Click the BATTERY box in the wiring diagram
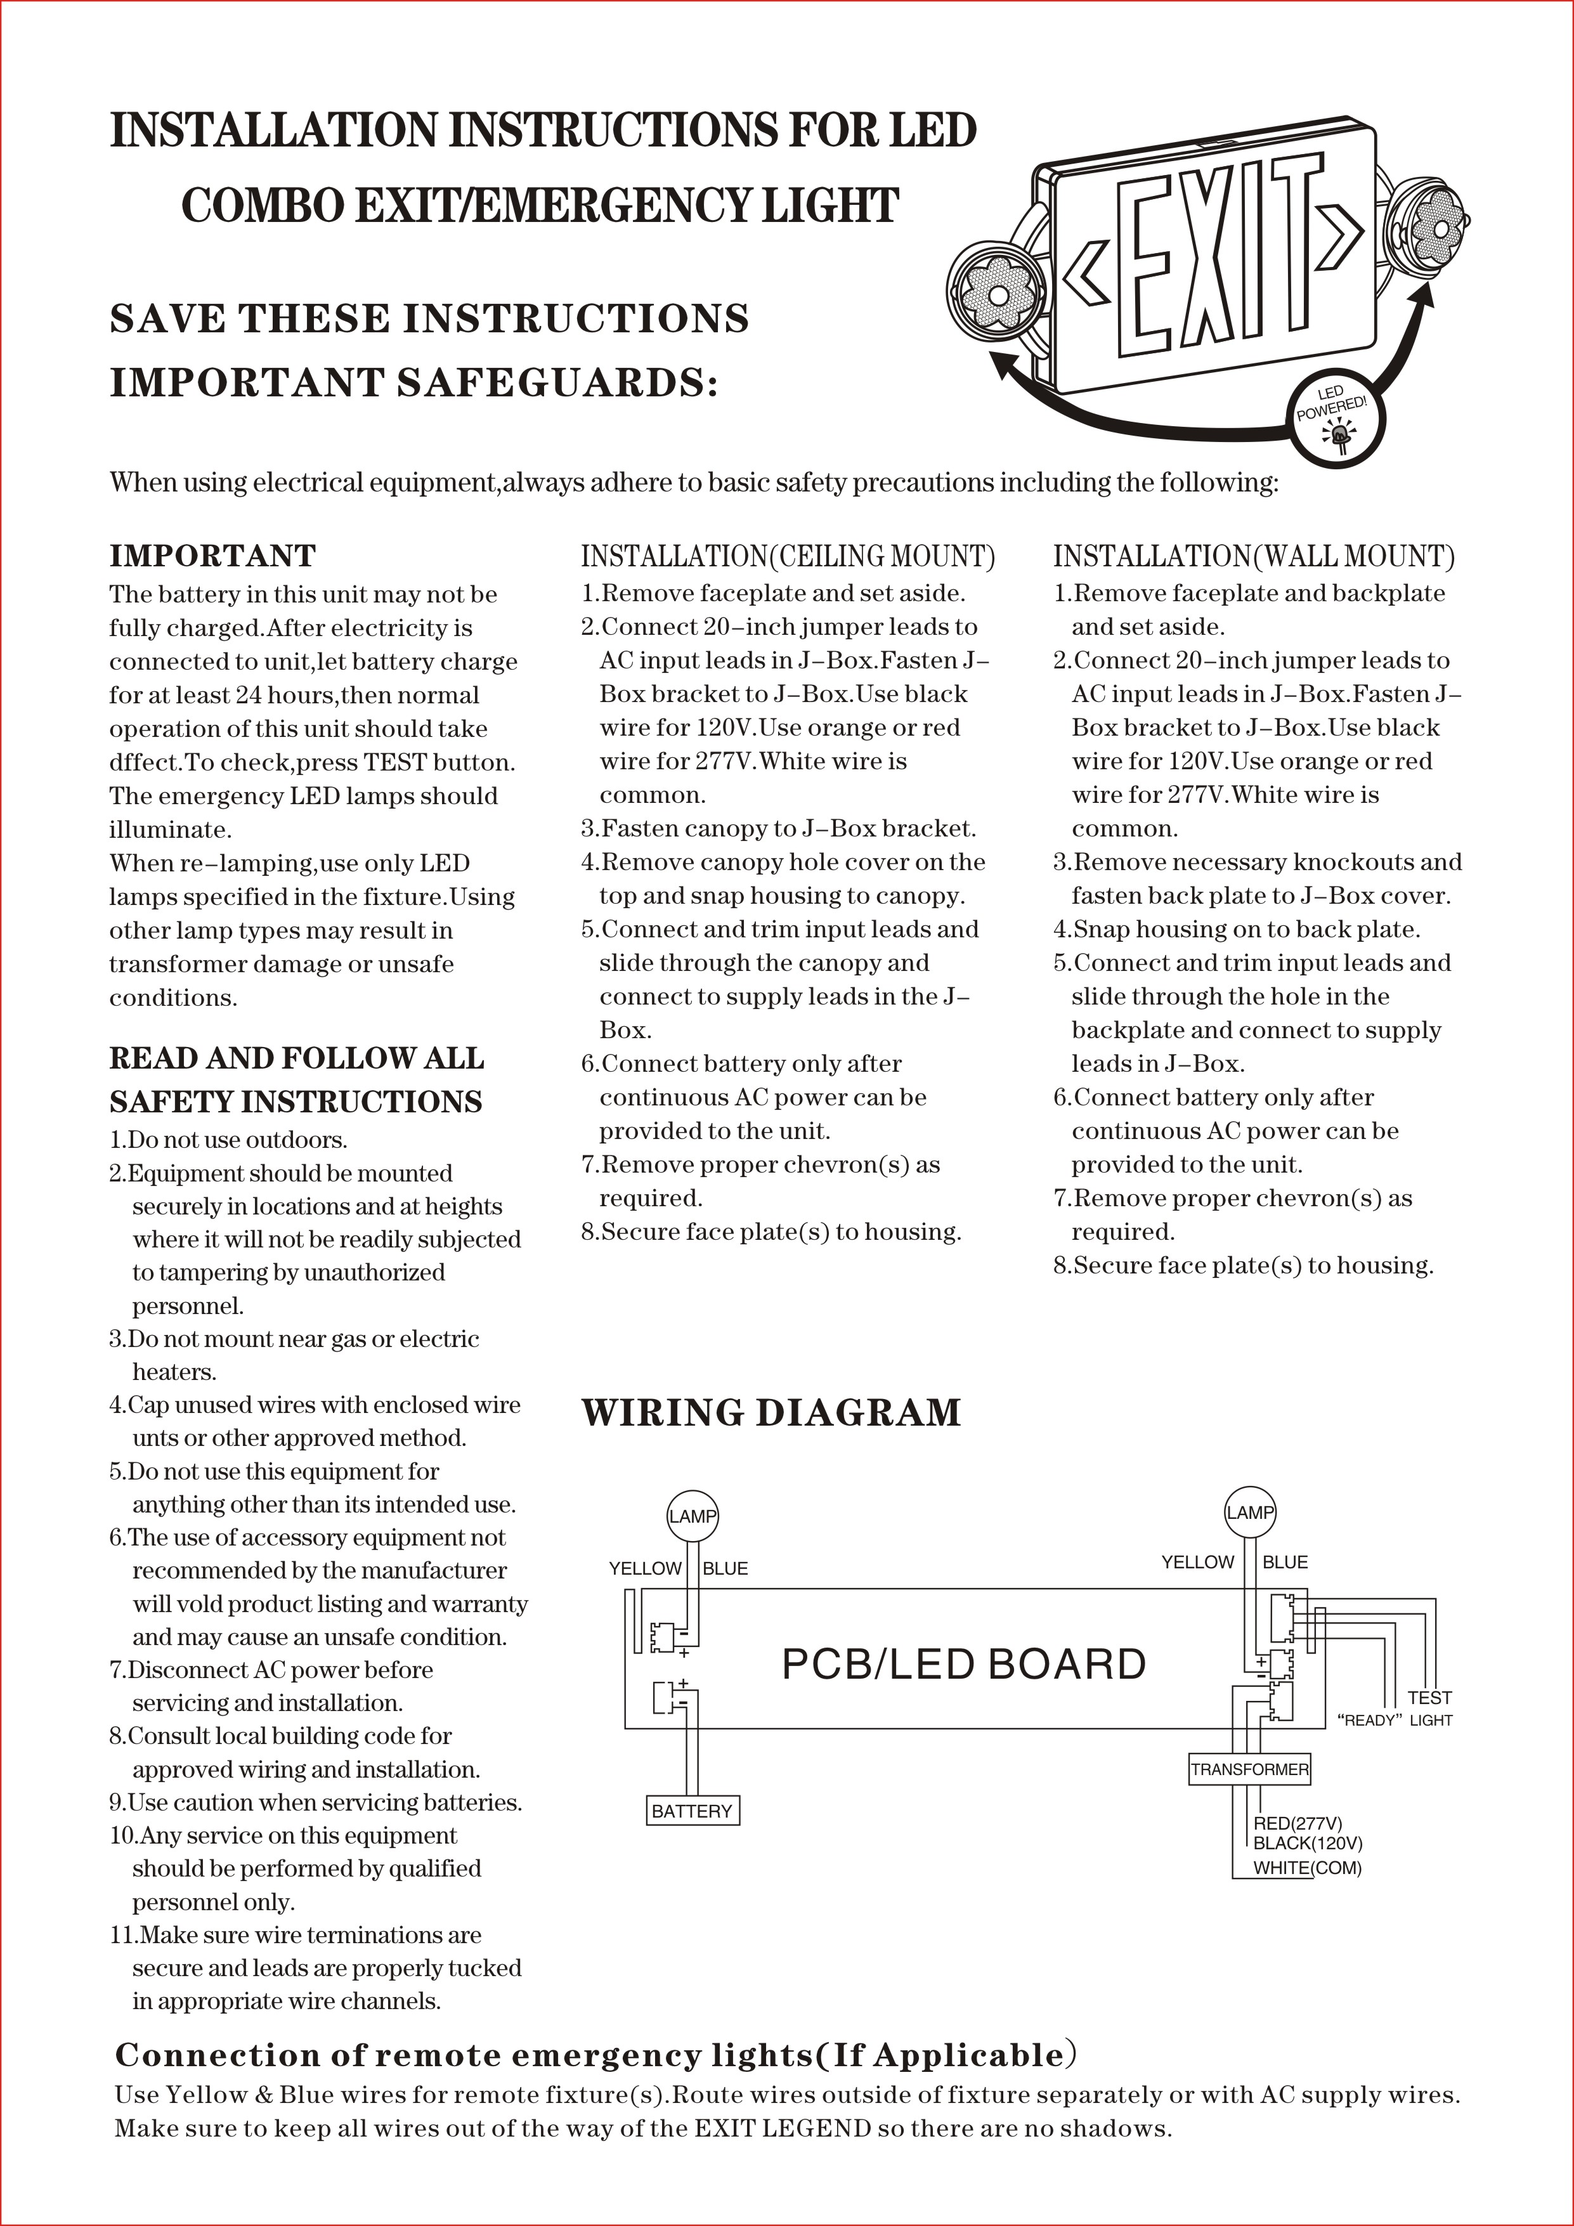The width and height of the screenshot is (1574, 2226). [692, 1810]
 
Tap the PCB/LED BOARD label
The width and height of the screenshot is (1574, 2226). [963, 1663]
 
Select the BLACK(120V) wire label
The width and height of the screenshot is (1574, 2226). [1308, 1843]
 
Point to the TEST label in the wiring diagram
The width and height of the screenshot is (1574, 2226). [1429, 1698]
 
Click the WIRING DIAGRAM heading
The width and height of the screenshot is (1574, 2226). [771, 1412]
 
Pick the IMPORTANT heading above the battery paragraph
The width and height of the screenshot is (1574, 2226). [212, 556]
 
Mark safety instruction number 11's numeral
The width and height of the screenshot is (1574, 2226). [122, 1935]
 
